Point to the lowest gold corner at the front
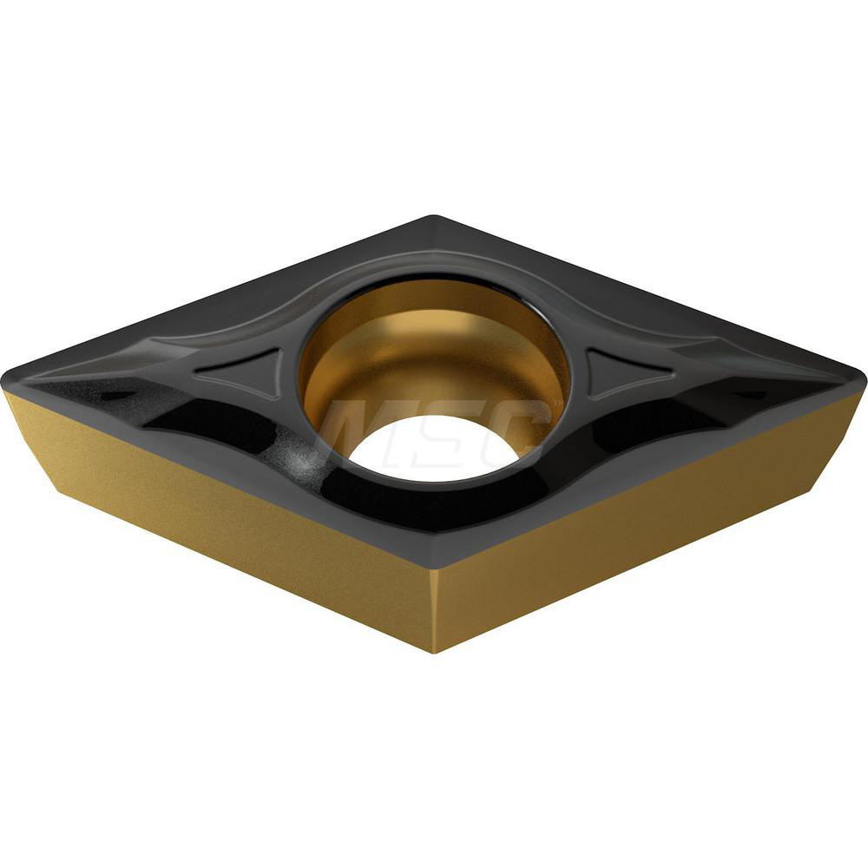pyautogui.click(x=434, y=651)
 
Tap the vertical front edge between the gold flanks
pyautogui.click(x=434, y=608)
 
